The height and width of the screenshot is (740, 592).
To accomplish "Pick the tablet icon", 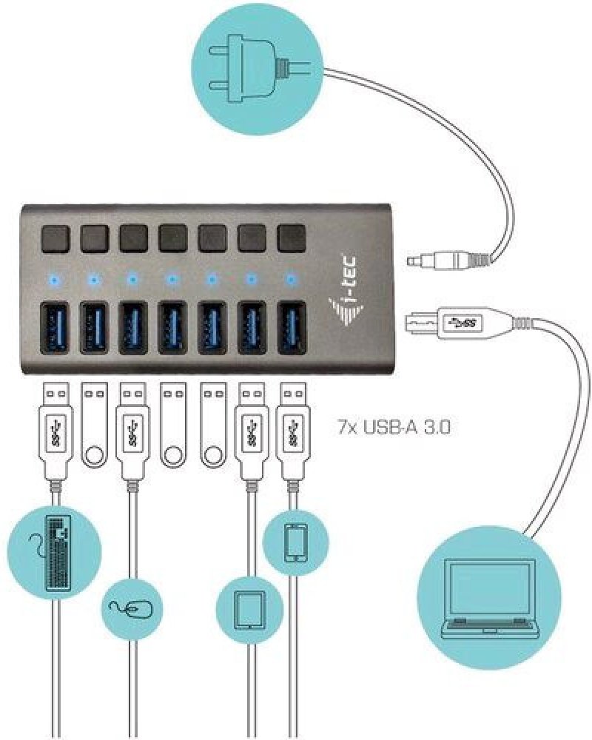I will click(249, 609).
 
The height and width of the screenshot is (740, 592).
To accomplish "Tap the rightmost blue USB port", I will click(291, 323).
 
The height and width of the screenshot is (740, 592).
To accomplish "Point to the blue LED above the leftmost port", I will click(55, 280).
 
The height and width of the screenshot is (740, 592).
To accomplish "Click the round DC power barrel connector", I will click(437, 260).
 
